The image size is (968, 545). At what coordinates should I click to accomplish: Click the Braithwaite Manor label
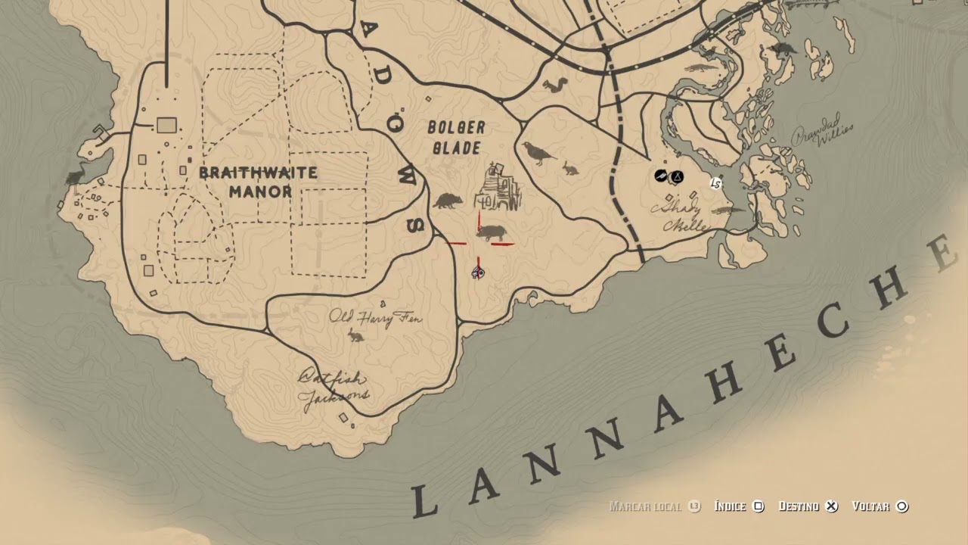pyautogui.click(x=258, y=182)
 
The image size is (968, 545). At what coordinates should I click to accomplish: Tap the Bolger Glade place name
pyautogui.click(x=456, y=137)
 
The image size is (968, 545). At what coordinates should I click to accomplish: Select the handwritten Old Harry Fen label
pyautogui.click(x=375, y=317)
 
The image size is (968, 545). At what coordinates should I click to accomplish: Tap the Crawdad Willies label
pyautogui.click(x=822, y=135)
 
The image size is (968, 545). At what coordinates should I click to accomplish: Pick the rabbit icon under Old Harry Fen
pyautogui.click(x=355, y=335)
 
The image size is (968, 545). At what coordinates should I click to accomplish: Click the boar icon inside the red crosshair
pyautogui.click(x=491, y=232)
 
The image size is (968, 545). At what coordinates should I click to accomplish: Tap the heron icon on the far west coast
pyautogui.click(x=76, y=176)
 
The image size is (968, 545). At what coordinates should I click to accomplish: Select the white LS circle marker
pyautogui.click(x=715, y=183)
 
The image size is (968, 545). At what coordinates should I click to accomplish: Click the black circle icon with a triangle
pyautogui.click(x=678, y=177)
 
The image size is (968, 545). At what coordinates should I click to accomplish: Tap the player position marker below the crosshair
pyautogui.click(x=478, y=272)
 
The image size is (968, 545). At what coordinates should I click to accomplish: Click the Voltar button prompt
pyautogui.click(x=880, y=506)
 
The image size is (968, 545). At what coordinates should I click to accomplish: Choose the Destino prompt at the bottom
pyautogui.click(x=808, y=506)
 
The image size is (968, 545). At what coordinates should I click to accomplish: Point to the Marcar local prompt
pyautogui.click(x=655, y=506)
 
